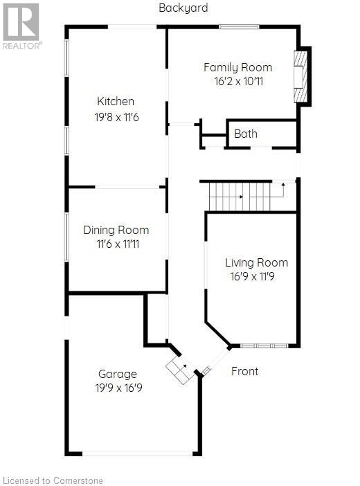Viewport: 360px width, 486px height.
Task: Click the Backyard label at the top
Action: pos(183,8)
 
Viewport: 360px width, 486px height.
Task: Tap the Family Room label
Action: pos(238,68)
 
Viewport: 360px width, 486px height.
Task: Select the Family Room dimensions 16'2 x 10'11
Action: pos(238,82)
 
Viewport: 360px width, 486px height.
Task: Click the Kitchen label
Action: pos(116,101)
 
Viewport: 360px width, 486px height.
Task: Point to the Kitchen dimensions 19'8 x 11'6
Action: pos(116,117)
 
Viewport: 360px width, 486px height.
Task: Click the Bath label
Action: pos(246,134)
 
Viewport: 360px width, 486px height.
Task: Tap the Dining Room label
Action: pos(116,230)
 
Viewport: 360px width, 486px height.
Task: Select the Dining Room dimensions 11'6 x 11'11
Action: pos(118,244)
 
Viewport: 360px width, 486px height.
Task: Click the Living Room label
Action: pos(256,263)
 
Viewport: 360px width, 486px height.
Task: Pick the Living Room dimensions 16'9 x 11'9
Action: pos(253,276)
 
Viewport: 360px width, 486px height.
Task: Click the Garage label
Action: pos(118,375)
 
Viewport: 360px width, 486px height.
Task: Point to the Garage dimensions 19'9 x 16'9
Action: pos(119,388)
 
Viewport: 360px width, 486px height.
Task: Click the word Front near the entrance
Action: pos(244,371)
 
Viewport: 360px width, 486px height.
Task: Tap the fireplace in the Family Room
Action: pos(300,76)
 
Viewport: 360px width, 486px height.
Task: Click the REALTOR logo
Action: pos(21,26)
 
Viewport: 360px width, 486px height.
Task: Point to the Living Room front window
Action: pos(264,345)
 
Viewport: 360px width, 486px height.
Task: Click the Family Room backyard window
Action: pos(239,27)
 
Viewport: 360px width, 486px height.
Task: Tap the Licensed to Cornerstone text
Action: pos(53,480)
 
